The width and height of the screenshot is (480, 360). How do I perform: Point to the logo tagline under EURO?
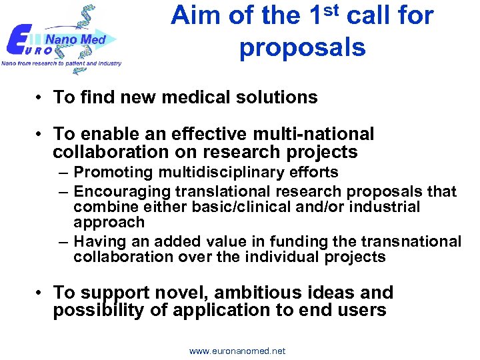61,63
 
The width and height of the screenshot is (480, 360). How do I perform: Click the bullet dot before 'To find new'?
41,98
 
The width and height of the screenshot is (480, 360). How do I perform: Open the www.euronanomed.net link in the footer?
237,351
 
